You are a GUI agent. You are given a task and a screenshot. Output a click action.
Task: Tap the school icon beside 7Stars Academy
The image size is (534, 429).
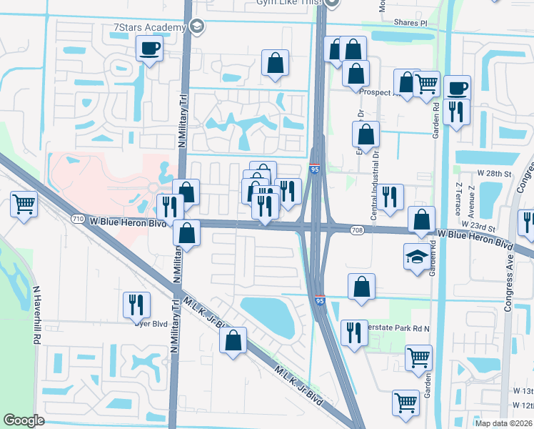click(x=196, y=28)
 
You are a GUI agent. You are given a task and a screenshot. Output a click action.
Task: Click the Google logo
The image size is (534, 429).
click(x=24, y=420)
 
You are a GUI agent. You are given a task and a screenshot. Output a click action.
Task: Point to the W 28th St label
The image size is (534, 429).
click(x=497, y=174)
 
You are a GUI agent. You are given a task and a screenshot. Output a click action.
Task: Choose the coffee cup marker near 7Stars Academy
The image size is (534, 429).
click(x=149, y=49)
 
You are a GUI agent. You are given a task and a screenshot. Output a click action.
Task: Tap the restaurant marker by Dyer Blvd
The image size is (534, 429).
click(x=136, y=305)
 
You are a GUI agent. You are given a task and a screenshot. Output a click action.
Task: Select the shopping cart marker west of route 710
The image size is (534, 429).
click(x=24, y=205)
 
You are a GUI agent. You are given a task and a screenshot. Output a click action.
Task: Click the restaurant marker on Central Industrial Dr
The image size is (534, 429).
click(x=390, y=197)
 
